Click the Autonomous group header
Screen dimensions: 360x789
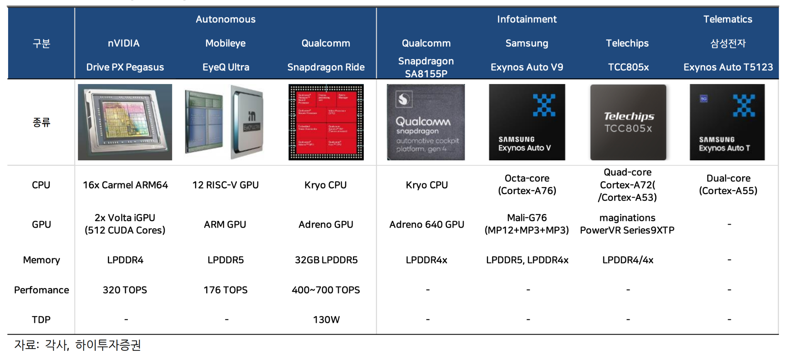pos(225,19)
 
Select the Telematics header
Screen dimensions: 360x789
pos(727,19)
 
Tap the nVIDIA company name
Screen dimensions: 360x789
pos(124,43)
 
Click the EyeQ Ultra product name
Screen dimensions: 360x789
pos(226,67)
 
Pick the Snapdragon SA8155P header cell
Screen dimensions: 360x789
pos(426,67)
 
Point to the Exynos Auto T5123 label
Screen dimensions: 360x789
pos(728,67)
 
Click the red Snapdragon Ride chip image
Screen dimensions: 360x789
pos(326,122)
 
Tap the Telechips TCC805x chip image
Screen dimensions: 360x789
pos(628,122)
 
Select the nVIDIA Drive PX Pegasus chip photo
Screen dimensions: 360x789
pos(125,122)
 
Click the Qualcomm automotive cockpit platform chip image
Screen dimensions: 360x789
pos(426,122)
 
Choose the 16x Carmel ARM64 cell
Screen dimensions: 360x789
pos(125,185)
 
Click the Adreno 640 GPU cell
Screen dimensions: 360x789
pos(426,224)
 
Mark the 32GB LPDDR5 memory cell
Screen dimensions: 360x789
pos(326,260)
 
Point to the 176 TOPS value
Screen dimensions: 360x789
pos(225,290)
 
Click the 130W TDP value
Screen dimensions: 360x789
pos(326,320)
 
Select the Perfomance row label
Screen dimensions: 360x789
pos(42,290)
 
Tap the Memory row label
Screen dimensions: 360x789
pos(42,260)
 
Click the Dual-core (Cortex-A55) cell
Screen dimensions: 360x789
pos(728,185)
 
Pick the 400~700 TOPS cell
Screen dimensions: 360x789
pos(326,290)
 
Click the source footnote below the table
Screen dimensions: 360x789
pos(77,345)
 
